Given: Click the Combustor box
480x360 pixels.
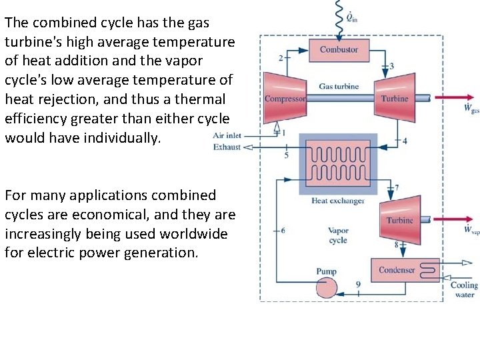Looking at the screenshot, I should (339, 50).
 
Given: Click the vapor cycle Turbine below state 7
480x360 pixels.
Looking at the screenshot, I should (400, 219).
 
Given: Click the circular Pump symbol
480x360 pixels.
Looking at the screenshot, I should (327, 287).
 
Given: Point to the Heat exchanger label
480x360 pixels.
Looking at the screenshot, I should (338, 201).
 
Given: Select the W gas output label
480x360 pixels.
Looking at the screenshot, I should (471, 108).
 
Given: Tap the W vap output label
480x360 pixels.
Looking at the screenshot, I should (471, 230).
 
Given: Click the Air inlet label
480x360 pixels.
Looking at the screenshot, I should (227, 135).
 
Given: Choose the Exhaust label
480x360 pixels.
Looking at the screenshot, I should (227, 147).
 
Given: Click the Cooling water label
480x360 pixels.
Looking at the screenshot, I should (464, 289).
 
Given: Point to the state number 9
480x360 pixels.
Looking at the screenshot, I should (358, 285).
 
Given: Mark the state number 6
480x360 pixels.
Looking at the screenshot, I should (283, 230).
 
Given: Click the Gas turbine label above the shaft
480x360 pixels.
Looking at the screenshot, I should (339, 86).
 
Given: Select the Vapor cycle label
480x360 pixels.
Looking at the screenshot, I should (338, 235).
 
